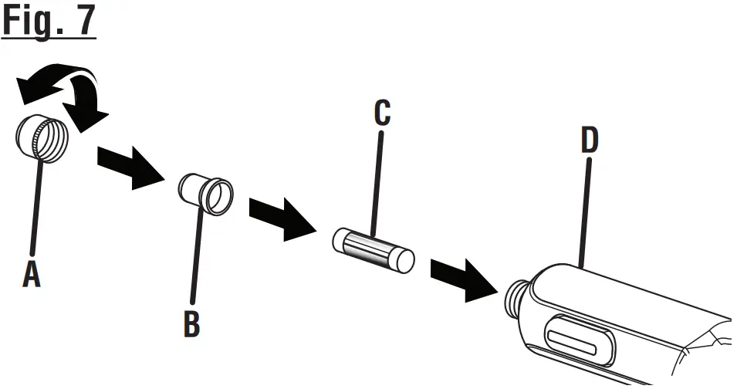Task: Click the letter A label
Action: pyautogui.click(x=31, y=273)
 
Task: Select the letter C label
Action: pyautogui.click(x=381, y=113)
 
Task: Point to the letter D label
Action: pyautogui.click(x=590, y=140)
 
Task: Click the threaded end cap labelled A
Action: pyautogui.click(x=42, y=139)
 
